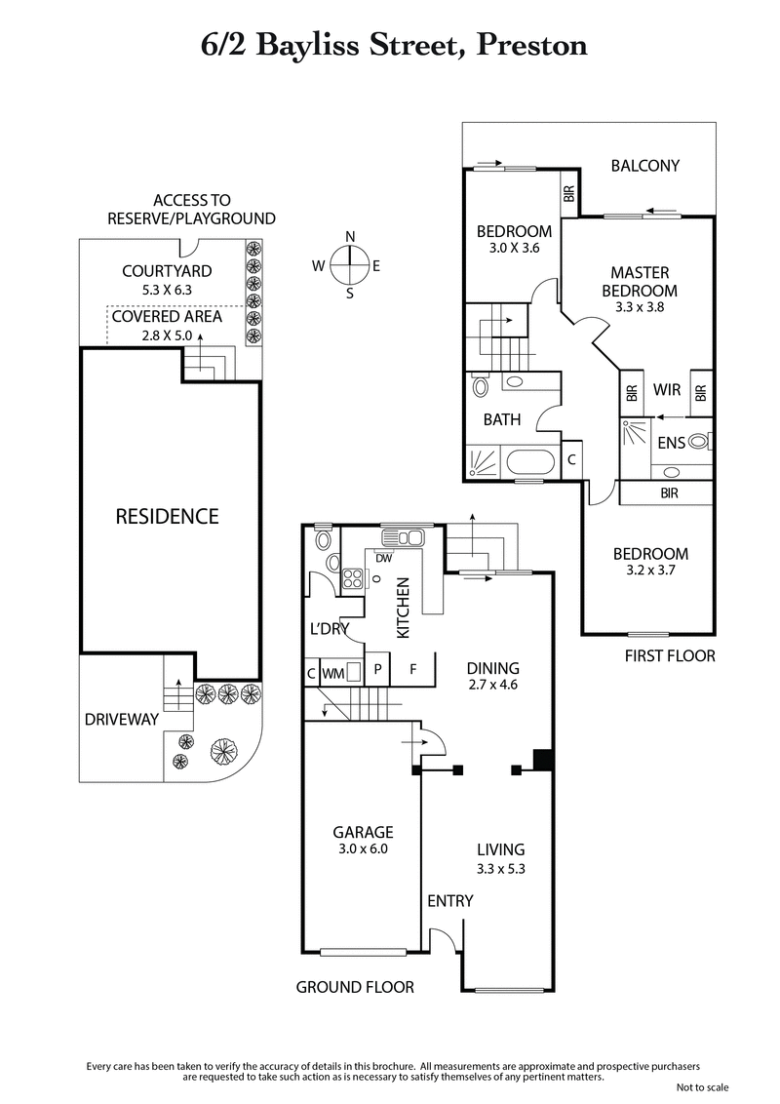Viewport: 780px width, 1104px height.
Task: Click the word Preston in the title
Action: [530, 45]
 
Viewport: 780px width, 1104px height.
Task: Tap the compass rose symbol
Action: [350, 264]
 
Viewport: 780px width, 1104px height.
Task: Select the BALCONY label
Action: [644, 166]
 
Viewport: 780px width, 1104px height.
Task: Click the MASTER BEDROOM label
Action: [639, 281]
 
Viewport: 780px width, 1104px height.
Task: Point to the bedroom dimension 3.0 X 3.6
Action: [514, 248]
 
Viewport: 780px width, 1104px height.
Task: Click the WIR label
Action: [667, 390]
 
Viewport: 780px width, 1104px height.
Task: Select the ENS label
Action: [670, 443]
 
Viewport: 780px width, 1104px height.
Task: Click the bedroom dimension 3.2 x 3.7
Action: [650, 571]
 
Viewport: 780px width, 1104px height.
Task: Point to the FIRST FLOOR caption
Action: [670, 655]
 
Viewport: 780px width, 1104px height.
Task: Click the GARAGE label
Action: [363, 832]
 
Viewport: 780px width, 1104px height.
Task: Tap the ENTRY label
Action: [449, 900]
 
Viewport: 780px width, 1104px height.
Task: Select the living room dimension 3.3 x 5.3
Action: [501, 868]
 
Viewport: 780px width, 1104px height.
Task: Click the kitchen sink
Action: [402, 536]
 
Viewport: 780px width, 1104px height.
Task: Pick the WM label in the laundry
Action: [333, 672]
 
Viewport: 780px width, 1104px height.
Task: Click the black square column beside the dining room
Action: [543, 759]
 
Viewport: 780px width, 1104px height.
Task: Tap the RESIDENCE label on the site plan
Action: [167, 516]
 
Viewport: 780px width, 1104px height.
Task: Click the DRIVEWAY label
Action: [121, 719]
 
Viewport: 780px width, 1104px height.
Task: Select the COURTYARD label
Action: [166, 271]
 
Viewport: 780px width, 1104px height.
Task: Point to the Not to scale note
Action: [702, 1086]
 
